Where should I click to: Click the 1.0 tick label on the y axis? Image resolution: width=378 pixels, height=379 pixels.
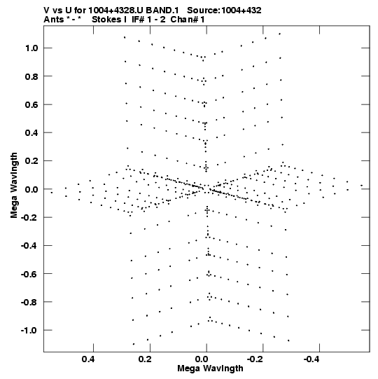pos(31,48)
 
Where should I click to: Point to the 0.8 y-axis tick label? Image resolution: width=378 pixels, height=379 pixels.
pos(31,76)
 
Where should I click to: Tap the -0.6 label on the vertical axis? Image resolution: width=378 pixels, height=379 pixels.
pos(29,274)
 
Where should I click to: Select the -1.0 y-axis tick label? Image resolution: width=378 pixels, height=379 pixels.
pos(29,330)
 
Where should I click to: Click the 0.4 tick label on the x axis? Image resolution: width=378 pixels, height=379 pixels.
pos(88,359)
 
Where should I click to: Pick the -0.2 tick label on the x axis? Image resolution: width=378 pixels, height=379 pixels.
pos(256,359)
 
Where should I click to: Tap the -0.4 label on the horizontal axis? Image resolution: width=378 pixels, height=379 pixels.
pos(312,359)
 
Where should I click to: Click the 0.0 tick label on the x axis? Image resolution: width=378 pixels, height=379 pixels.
pos(202,359)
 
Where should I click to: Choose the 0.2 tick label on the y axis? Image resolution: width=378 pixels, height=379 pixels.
pos(31,161)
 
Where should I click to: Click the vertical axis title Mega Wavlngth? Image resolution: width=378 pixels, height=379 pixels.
pos(14,186)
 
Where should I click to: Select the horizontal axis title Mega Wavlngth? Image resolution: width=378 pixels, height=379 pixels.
pos(211,368)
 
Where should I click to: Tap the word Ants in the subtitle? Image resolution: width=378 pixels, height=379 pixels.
pos(54,20)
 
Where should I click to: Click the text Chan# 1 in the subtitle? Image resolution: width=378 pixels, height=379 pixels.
pos(188,20)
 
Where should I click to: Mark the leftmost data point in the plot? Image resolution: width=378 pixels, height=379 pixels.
pos(51,193)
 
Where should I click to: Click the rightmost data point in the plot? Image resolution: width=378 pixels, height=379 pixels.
pos(362,186)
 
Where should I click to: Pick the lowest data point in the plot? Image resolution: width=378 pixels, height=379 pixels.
pos(134,344)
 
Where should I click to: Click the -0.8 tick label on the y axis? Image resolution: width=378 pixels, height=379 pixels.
pos(29,302)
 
